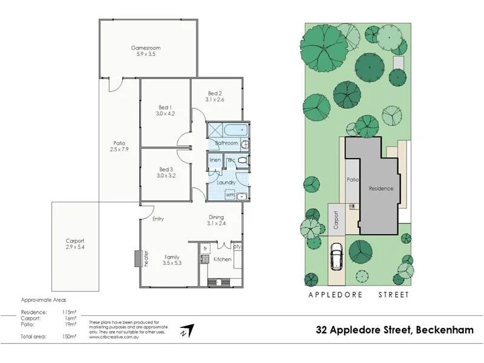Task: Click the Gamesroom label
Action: pyautogui.click(x=146, y=48)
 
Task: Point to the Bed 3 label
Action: pyautogui.click(x=166, y=169)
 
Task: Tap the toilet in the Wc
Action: pyautogui.click(x=241, y=160)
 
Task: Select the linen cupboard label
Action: pyautogui.click(x=215, y=160)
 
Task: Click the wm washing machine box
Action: pyautogui.click(x=230, y=195)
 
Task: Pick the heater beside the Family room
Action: pyautogui.click(x=138, y=258)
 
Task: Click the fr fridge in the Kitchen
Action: pyautogui.click(x=205, y=248)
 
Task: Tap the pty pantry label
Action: pyautogui.click(x=237, y=247)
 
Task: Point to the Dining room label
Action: pyautogui.click(x=216, y=217)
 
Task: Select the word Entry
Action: pyautogui.click(x=159, y=219)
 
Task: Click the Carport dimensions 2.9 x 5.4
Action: pyautogui.click(x=75, y=247)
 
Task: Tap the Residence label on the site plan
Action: pyautogui.click(x=381, y=188)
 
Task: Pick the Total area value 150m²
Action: pyautogui.click(x=70, y=336)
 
